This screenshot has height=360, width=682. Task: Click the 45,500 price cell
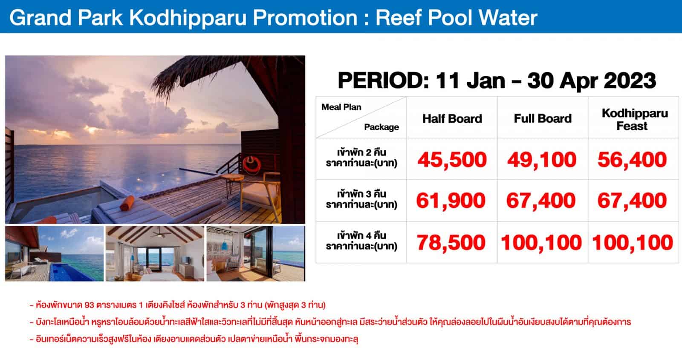452,160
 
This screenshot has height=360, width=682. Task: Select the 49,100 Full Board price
542,160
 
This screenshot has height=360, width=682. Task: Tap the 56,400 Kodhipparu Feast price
633,160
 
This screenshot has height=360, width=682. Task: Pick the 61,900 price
451,201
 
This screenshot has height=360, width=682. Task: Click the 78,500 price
451,242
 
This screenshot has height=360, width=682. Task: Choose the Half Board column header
452,119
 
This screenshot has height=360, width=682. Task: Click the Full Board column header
543,118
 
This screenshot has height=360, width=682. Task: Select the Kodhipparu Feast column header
635,120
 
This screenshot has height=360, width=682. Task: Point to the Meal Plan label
341,107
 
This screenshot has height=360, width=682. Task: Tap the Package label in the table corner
381,127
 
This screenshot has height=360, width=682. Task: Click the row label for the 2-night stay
361,158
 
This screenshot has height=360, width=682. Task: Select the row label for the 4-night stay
361,241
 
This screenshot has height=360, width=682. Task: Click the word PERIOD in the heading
383,81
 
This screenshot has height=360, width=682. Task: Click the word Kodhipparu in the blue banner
188,18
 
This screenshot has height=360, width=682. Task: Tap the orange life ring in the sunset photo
251,164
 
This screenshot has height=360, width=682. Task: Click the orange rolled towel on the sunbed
127,203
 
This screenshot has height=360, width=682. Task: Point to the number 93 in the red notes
89,305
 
